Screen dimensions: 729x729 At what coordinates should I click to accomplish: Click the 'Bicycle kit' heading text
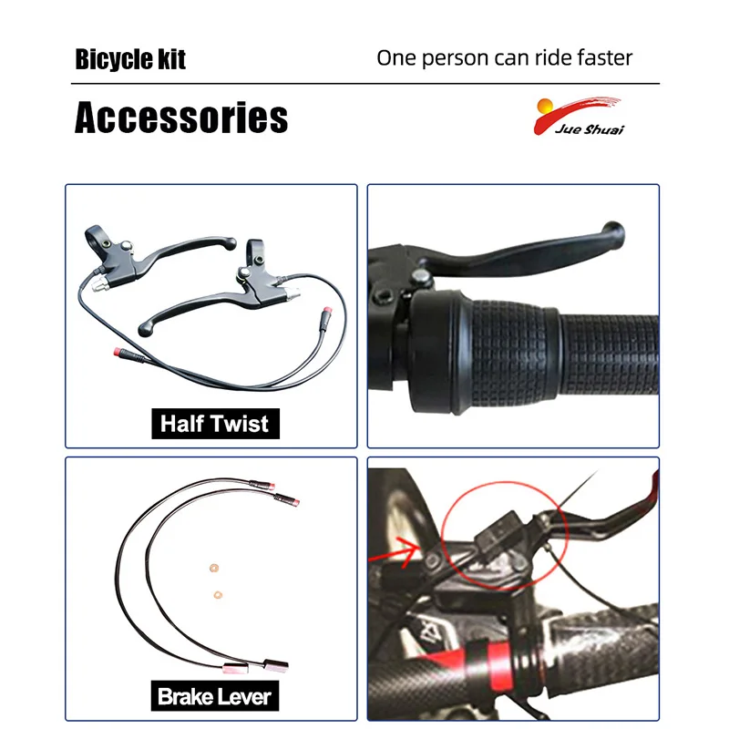pos(130,60)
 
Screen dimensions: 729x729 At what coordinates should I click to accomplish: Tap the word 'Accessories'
pos(181,118)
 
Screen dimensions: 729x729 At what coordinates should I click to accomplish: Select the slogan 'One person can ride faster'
pos(504,58)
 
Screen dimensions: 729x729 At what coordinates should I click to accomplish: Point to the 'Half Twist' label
pos(215,423)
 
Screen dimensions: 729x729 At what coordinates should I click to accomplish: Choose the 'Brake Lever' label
pos(215,697)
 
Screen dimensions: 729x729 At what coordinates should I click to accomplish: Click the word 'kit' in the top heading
pos(171,60)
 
